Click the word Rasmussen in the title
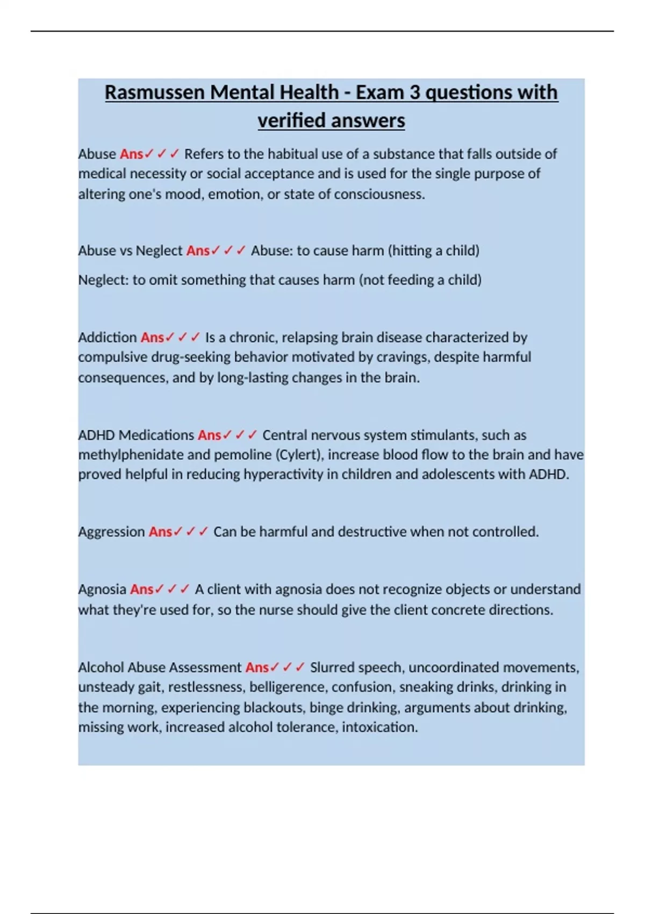[x=155, y=92]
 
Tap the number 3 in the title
[x=414, y=92]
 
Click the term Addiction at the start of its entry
[x=107, y=338]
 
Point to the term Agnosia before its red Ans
[x=102, y=589]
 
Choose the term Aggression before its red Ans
[x=111, y=532]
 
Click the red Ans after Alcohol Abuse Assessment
[x=257, y=668]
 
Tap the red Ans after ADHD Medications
[x=209, y=435]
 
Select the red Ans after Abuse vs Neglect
[x=198, y=251]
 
